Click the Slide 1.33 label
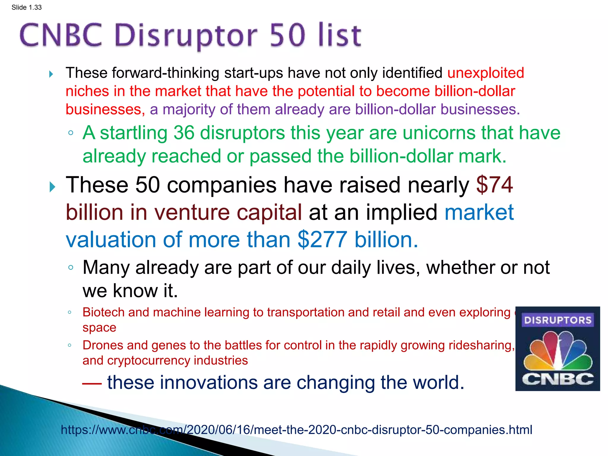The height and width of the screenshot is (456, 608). [x=26, y=7]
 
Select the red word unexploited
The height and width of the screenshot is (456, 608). [x=485, y=73]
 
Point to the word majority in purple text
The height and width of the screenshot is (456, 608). [x=189, y=110]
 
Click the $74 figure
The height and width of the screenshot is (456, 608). [x=494, y=185]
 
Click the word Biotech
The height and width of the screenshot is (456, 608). [x=103, y=312]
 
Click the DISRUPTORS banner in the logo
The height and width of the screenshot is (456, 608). [x=558, y=320]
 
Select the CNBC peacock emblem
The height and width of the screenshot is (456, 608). [x=558, y=350]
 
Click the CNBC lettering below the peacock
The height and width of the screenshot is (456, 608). [x=558, y=379]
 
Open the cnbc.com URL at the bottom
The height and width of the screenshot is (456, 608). [x=296, y=430]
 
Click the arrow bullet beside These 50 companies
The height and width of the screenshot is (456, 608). [x=52, y=187]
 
